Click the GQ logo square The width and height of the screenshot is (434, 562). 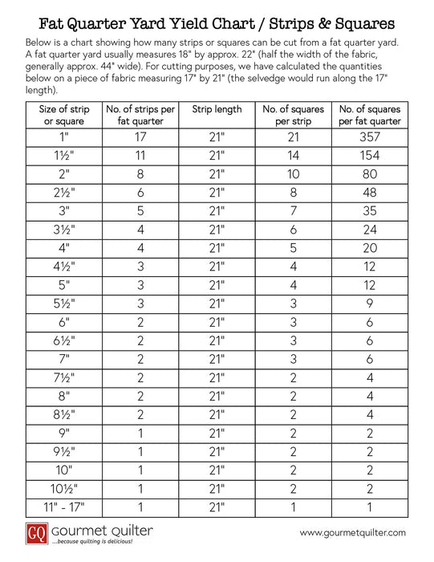[34, 531]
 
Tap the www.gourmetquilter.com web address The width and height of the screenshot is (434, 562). [352, 532]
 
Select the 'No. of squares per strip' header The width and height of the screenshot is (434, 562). [293, 115]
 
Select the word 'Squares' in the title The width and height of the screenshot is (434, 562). [358, 15]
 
